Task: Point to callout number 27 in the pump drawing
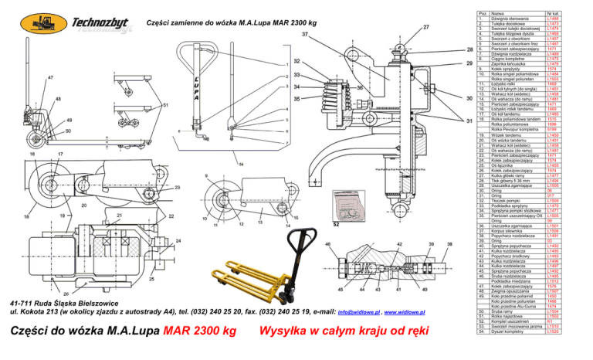tap(426, 27)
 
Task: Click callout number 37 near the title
tap(305, 36)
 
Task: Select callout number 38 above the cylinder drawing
tap(450, 243)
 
